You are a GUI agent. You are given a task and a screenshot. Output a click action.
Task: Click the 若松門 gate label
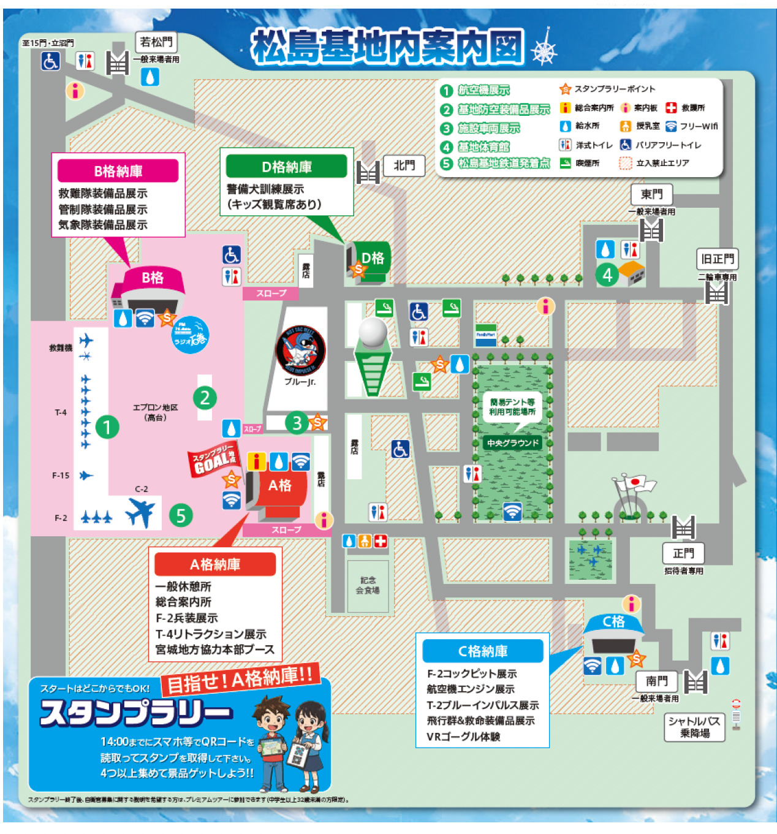click(156, 42)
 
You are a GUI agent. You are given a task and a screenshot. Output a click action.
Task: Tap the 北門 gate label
click(404, 165)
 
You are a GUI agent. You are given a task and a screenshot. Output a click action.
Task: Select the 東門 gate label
click(651, 194)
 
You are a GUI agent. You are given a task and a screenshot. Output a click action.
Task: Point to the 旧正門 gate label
click(717, 259)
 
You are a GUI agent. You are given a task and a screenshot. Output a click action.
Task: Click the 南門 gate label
click(656, 681)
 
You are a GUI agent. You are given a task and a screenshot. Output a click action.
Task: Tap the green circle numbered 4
click(607, 275)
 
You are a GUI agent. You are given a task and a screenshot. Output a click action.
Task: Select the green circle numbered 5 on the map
click(181, 515)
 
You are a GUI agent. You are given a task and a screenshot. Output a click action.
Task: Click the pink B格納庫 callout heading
click(118, 171)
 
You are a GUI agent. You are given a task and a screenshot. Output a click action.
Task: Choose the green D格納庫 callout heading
click(287, 167)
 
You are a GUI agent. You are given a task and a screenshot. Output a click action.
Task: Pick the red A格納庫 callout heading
click(215, 564)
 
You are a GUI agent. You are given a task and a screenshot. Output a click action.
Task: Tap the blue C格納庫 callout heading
click(483, 651)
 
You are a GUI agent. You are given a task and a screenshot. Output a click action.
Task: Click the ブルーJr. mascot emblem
click(300, 350)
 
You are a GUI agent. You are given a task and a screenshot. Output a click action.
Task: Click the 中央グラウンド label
click(513, 442)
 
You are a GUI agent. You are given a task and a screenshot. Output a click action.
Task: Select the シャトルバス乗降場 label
click(694, 727)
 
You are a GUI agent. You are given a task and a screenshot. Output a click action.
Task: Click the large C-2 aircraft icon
click(141, 511)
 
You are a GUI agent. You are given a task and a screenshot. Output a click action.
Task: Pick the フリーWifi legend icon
click(671, 126)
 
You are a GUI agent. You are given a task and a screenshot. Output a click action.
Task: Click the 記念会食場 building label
click(368, 585)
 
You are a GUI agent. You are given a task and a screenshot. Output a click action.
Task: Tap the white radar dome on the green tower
click(373, 332)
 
